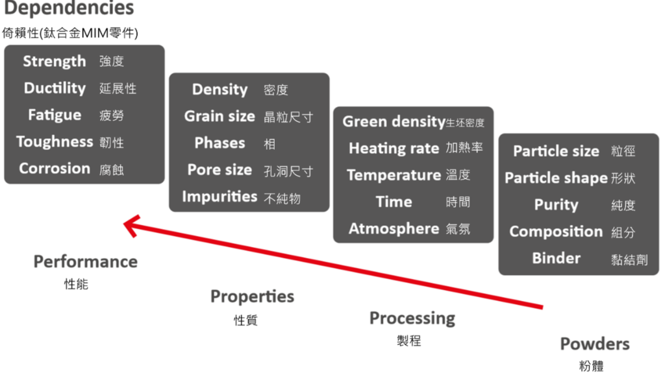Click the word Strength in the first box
coord(55,62)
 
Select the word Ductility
coord(55,88)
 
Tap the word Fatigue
coord(55,115)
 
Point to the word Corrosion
coord(55,168)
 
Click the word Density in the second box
coord(220,90)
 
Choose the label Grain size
coord(220,116)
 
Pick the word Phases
coord(220,143)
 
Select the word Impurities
coord(220,197)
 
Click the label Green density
coord(394,122)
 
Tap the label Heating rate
coord(394,149)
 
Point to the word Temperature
coord(394,175)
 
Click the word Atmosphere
coord(394,228)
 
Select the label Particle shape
coord(556,178)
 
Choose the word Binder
coord(557,258)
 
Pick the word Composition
coord(556,232)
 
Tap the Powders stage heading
coord(595,344)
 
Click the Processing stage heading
coord(412,319)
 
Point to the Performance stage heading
coord(86,261)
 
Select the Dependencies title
coord(69,8)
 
